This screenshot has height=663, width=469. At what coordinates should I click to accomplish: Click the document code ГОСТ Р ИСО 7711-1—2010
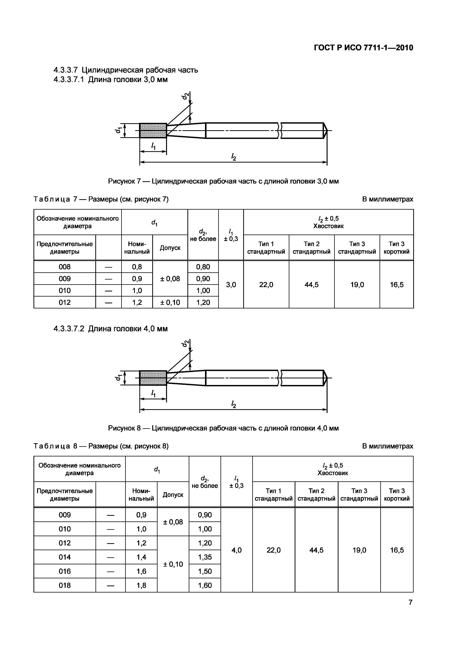click(363, 48)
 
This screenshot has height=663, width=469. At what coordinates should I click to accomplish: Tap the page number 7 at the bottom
click(410, 602)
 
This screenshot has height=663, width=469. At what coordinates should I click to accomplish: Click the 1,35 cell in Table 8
click(205, 557)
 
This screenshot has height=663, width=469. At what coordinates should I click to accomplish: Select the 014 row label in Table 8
click(64, 557)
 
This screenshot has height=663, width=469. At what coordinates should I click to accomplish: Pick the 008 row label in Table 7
click(64, 267)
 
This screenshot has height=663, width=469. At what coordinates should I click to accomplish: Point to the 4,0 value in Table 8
click(236, 550)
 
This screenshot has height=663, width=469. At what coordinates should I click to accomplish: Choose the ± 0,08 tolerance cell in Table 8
click(173, 522)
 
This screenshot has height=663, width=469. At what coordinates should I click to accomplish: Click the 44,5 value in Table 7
click(311, 285)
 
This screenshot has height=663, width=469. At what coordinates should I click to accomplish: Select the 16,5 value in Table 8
click(397, 550)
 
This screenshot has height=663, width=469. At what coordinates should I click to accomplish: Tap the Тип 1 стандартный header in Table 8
click(273, 495)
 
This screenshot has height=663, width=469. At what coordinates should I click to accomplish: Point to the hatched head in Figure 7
click(153, 131)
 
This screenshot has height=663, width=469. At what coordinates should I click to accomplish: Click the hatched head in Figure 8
click(153, 378)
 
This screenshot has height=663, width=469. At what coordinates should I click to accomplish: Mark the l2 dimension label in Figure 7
click(234, 157)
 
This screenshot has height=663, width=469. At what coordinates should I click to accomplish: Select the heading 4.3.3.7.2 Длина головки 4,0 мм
click(110, 329)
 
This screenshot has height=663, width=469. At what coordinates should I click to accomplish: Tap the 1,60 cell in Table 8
click(205, 585)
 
